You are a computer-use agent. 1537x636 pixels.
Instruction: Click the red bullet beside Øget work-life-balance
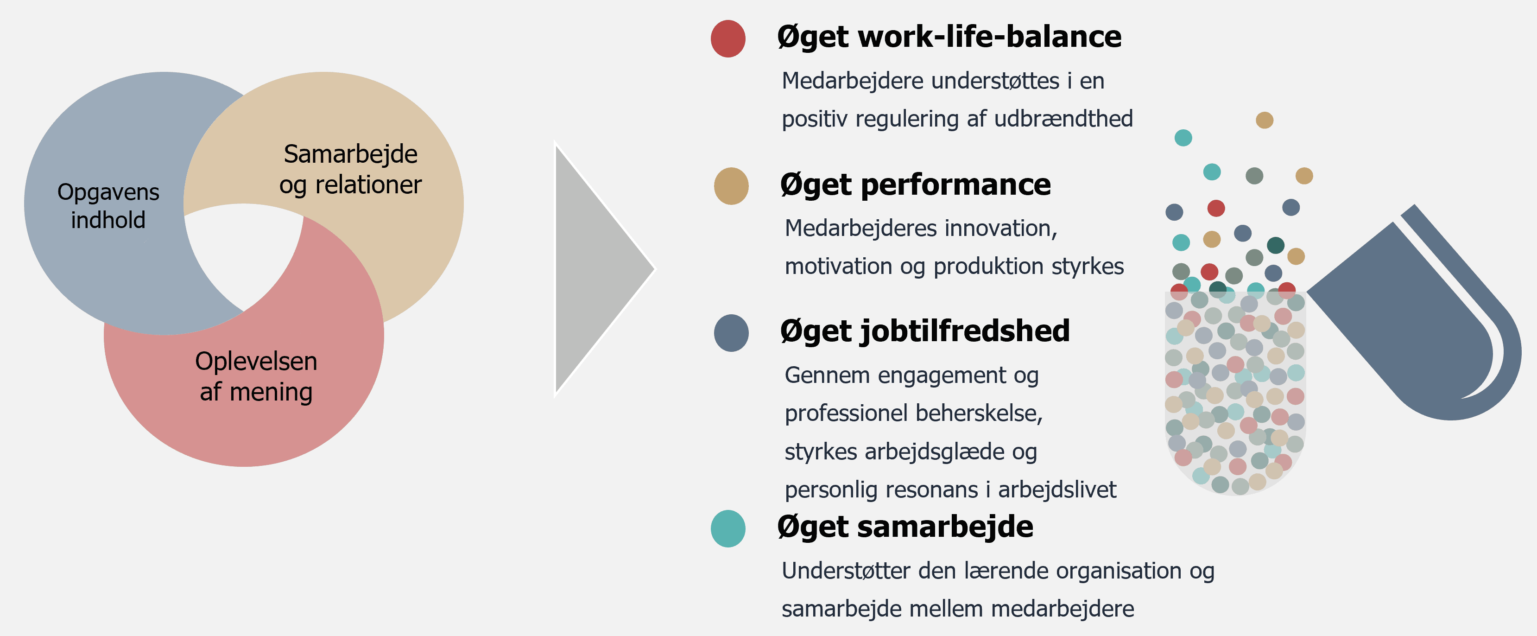[x=728, y=39]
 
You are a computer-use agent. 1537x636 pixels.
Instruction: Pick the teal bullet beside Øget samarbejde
[x=728, y=528]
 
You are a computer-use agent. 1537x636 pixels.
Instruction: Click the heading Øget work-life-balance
[x=949, y=38]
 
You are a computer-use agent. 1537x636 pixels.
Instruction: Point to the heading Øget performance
[x=915, y=185]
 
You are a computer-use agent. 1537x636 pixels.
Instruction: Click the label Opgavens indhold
[x=108, y=206]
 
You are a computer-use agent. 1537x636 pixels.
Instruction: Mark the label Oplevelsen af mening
[x=256, y=376]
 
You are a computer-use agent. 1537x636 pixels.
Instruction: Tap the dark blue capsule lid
[x=1414, y=316]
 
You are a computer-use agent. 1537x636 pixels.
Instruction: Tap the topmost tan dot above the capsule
[x=1265, y=121]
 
